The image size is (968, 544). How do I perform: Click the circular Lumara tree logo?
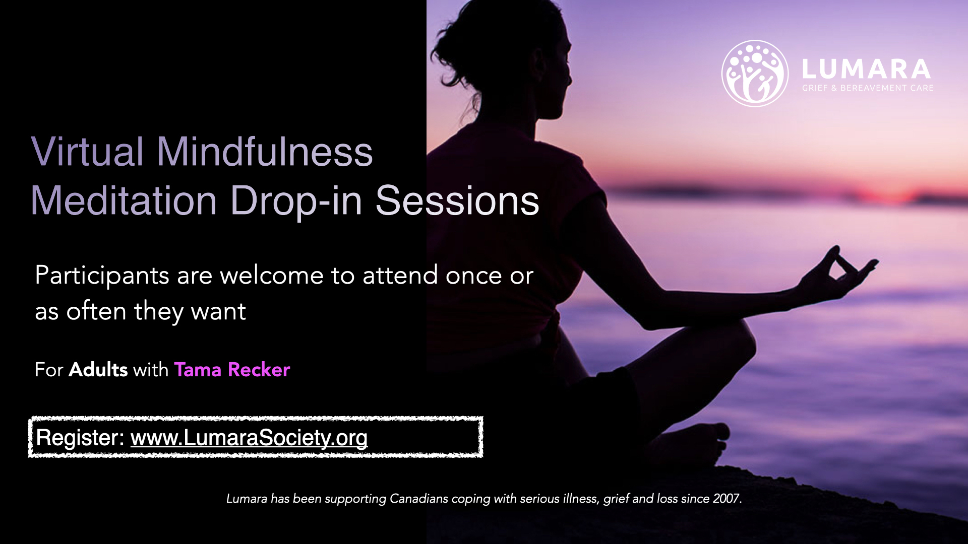click(755, 74)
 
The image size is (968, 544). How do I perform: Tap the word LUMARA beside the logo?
click(866, 70)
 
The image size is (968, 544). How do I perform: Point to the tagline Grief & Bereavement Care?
click(868, 88)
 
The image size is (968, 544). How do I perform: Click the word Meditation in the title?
click(124, 200)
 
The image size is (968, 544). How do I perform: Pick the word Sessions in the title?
click(457, 200)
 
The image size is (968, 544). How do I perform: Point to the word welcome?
click(272, 275)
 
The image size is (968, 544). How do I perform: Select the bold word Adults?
click(98, 370)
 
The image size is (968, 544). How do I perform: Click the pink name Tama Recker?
click(232, 370)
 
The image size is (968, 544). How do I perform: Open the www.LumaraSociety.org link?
click(249, 438)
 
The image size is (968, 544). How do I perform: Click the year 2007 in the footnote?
click(727, 499)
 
